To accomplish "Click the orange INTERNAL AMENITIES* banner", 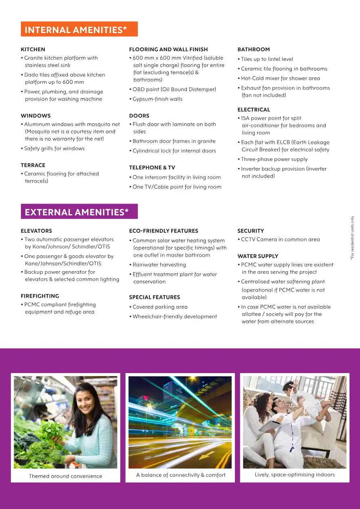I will click(79, 29).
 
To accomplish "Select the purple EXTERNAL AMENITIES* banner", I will click(79, 212).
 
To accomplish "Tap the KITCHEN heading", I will click(33, 50).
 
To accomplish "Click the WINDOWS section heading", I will click(36, 116).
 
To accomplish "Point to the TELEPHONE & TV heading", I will click(152, 168).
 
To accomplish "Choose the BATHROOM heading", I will click(253, 50).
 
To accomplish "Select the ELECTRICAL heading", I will click(254, 110).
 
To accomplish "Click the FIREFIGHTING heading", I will click(40, 296).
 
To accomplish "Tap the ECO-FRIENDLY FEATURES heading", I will click(163, 231).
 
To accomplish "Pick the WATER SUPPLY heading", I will click(258, 256).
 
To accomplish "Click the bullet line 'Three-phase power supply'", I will click(274, 159).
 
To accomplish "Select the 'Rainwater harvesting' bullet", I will click(159, 265).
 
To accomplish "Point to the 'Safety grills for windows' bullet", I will click(54, 148).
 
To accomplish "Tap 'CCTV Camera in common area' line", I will click(280, 240).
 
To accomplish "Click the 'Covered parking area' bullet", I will click(160, 307).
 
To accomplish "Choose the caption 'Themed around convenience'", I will click(65, 476).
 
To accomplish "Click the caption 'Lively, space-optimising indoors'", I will click(295, 475).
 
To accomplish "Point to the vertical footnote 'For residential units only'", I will click(352, 238).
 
